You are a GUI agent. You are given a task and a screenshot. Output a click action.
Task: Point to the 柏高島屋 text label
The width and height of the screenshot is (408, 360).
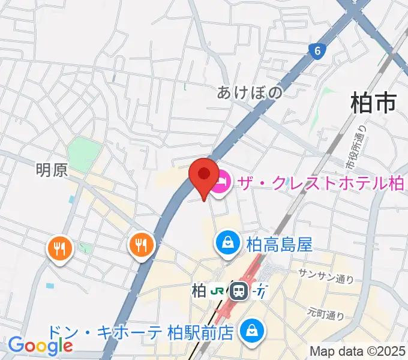(x=280, y=244)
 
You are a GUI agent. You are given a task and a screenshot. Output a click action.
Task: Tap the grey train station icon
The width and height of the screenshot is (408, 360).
(x=239, y=292)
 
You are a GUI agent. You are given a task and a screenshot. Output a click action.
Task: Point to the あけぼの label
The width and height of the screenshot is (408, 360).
(x=249, y=92)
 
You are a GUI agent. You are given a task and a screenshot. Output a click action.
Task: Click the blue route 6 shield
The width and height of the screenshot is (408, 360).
(x=317, y=52)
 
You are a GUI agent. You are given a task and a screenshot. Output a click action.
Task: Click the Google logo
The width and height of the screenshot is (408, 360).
(x=40, y=345)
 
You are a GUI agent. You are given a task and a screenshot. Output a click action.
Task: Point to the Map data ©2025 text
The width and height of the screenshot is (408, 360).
(x=358, y=350)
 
